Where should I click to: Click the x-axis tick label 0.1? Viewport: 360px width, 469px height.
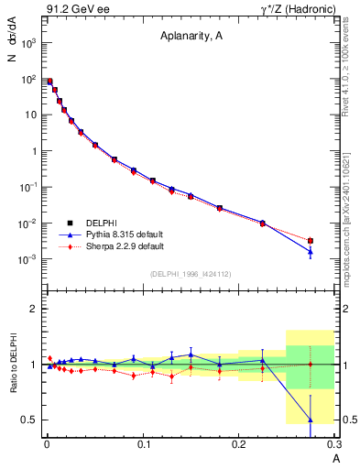(142, 444)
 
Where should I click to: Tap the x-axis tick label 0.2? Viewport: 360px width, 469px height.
(238, 444)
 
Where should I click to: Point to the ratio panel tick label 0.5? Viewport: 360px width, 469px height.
(29, 420)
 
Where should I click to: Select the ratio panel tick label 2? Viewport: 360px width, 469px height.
(34, 309)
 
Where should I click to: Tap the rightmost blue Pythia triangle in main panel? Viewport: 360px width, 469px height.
(311, 251)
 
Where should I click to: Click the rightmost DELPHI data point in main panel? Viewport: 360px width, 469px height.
(311, 241)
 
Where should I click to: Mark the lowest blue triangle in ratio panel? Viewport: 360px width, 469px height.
(311, 420)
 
